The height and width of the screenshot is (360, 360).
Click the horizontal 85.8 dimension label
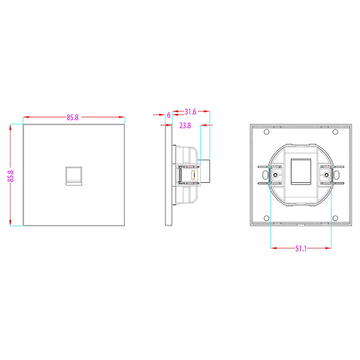[72, 117]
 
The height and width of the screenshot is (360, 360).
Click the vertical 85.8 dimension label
[11, 176]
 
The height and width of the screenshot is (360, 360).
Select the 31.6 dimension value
[190, 112]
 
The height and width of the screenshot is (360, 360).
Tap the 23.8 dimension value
[185, 125]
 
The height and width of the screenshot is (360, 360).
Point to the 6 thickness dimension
[169, 115]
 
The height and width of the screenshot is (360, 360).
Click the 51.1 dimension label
[301, 248]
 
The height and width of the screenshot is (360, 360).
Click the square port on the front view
[74, 176]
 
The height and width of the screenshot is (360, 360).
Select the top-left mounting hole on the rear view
[266, 132]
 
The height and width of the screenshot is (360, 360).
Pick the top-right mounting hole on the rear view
[335, 132]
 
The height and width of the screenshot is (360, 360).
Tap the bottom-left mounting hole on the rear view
[266, 218]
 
